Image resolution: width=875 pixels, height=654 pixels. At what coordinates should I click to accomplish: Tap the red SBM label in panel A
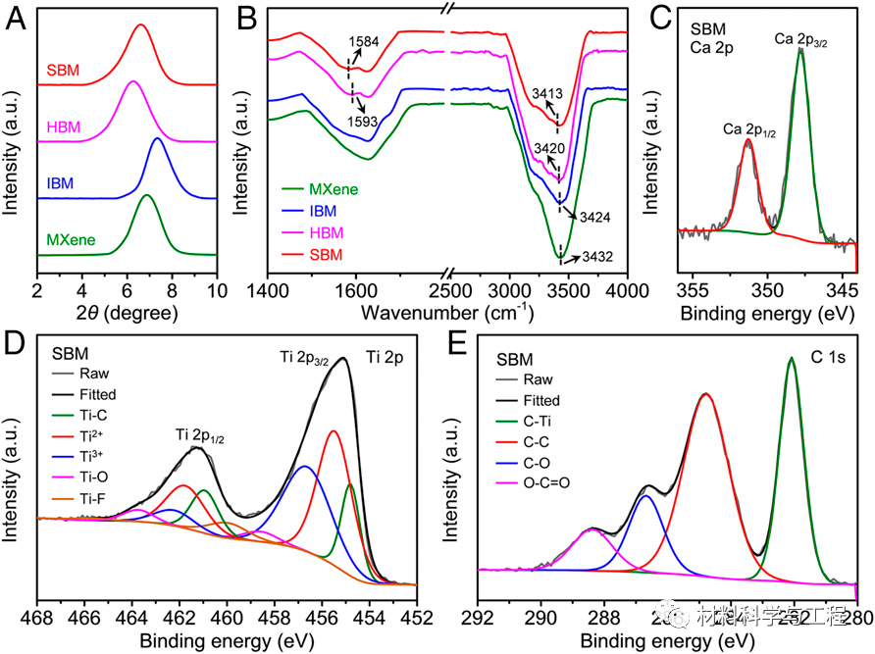pos(63,72)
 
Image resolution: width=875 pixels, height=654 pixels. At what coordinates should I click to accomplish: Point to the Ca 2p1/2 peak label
pos(748,129)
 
